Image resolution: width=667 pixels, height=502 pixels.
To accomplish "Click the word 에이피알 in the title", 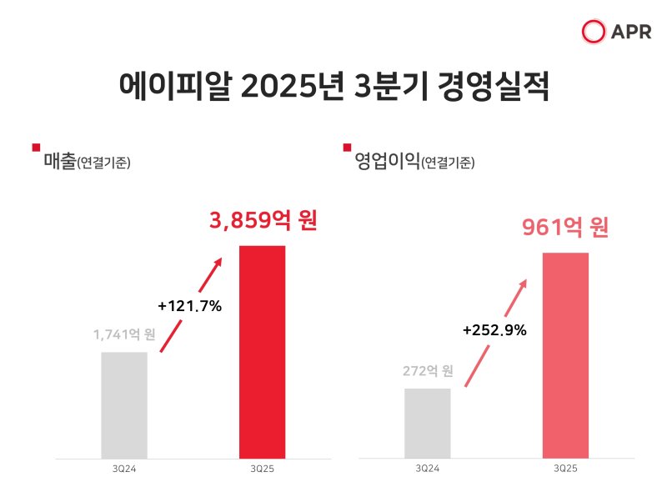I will pos(171,88).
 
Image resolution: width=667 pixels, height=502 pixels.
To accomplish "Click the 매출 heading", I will pos(59,161).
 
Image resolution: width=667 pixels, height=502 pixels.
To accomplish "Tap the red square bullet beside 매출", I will pos(36,148).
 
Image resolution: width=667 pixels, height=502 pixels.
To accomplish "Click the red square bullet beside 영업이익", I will pos(348,148).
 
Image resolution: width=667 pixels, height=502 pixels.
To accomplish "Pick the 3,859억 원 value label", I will pos(263,221).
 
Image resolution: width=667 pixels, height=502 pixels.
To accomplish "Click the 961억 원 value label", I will pos(565,227).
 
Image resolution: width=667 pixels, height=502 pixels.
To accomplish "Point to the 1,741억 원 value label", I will pos(124,335).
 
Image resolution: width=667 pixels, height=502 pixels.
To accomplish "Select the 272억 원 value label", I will pos(427,370).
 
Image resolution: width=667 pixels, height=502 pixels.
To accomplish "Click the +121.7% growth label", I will pos(189,306).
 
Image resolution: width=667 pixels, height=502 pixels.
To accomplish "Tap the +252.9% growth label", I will pos(494,330).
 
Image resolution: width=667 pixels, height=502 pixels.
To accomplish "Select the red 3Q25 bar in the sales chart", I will pos(263,352).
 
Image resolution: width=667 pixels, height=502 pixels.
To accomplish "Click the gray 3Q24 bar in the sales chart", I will pos(124,404).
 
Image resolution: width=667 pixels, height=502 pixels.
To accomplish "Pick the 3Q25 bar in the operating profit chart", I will pos(565,354).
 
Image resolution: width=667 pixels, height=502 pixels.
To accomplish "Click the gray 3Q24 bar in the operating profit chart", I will pos(427,423).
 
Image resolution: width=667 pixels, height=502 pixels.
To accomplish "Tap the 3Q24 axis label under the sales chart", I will pos(124,471).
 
